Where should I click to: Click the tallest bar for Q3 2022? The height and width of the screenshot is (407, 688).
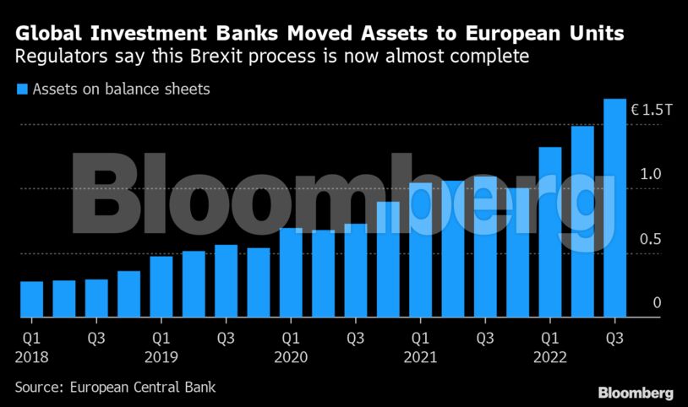click(x=614, y=208)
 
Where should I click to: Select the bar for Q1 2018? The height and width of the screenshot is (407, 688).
click(x=31, y=299)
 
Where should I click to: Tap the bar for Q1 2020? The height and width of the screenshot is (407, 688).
click(x=291, y=272)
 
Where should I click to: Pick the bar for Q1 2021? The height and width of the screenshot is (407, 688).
click(x=420, y=249)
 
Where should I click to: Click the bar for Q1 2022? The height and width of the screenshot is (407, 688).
click(x=550, y=232)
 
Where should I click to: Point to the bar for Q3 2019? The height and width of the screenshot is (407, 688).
click(x=226, y=280)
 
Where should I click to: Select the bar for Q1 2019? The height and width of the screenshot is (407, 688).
click(x=161, y=286)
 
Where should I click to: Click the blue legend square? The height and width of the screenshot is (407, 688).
click(x=21, y=89)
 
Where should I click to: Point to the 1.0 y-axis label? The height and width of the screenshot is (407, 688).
click(x=650, y=175)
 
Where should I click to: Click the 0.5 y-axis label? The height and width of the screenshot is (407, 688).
click(x=650, y=239)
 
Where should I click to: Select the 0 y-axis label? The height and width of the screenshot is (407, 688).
click(x=657, y=303)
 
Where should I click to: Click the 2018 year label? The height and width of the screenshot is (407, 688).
click(x=31, y=357)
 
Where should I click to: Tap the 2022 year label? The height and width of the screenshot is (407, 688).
click(x=550, y=357)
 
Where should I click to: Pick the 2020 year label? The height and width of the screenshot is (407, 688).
click(x=291, y=357)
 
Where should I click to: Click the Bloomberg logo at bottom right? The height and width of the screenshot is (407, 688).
click(x=636, y=393)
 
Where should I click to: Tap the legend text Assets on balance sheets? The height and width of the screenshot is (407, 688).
click(x=121, y=89)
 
